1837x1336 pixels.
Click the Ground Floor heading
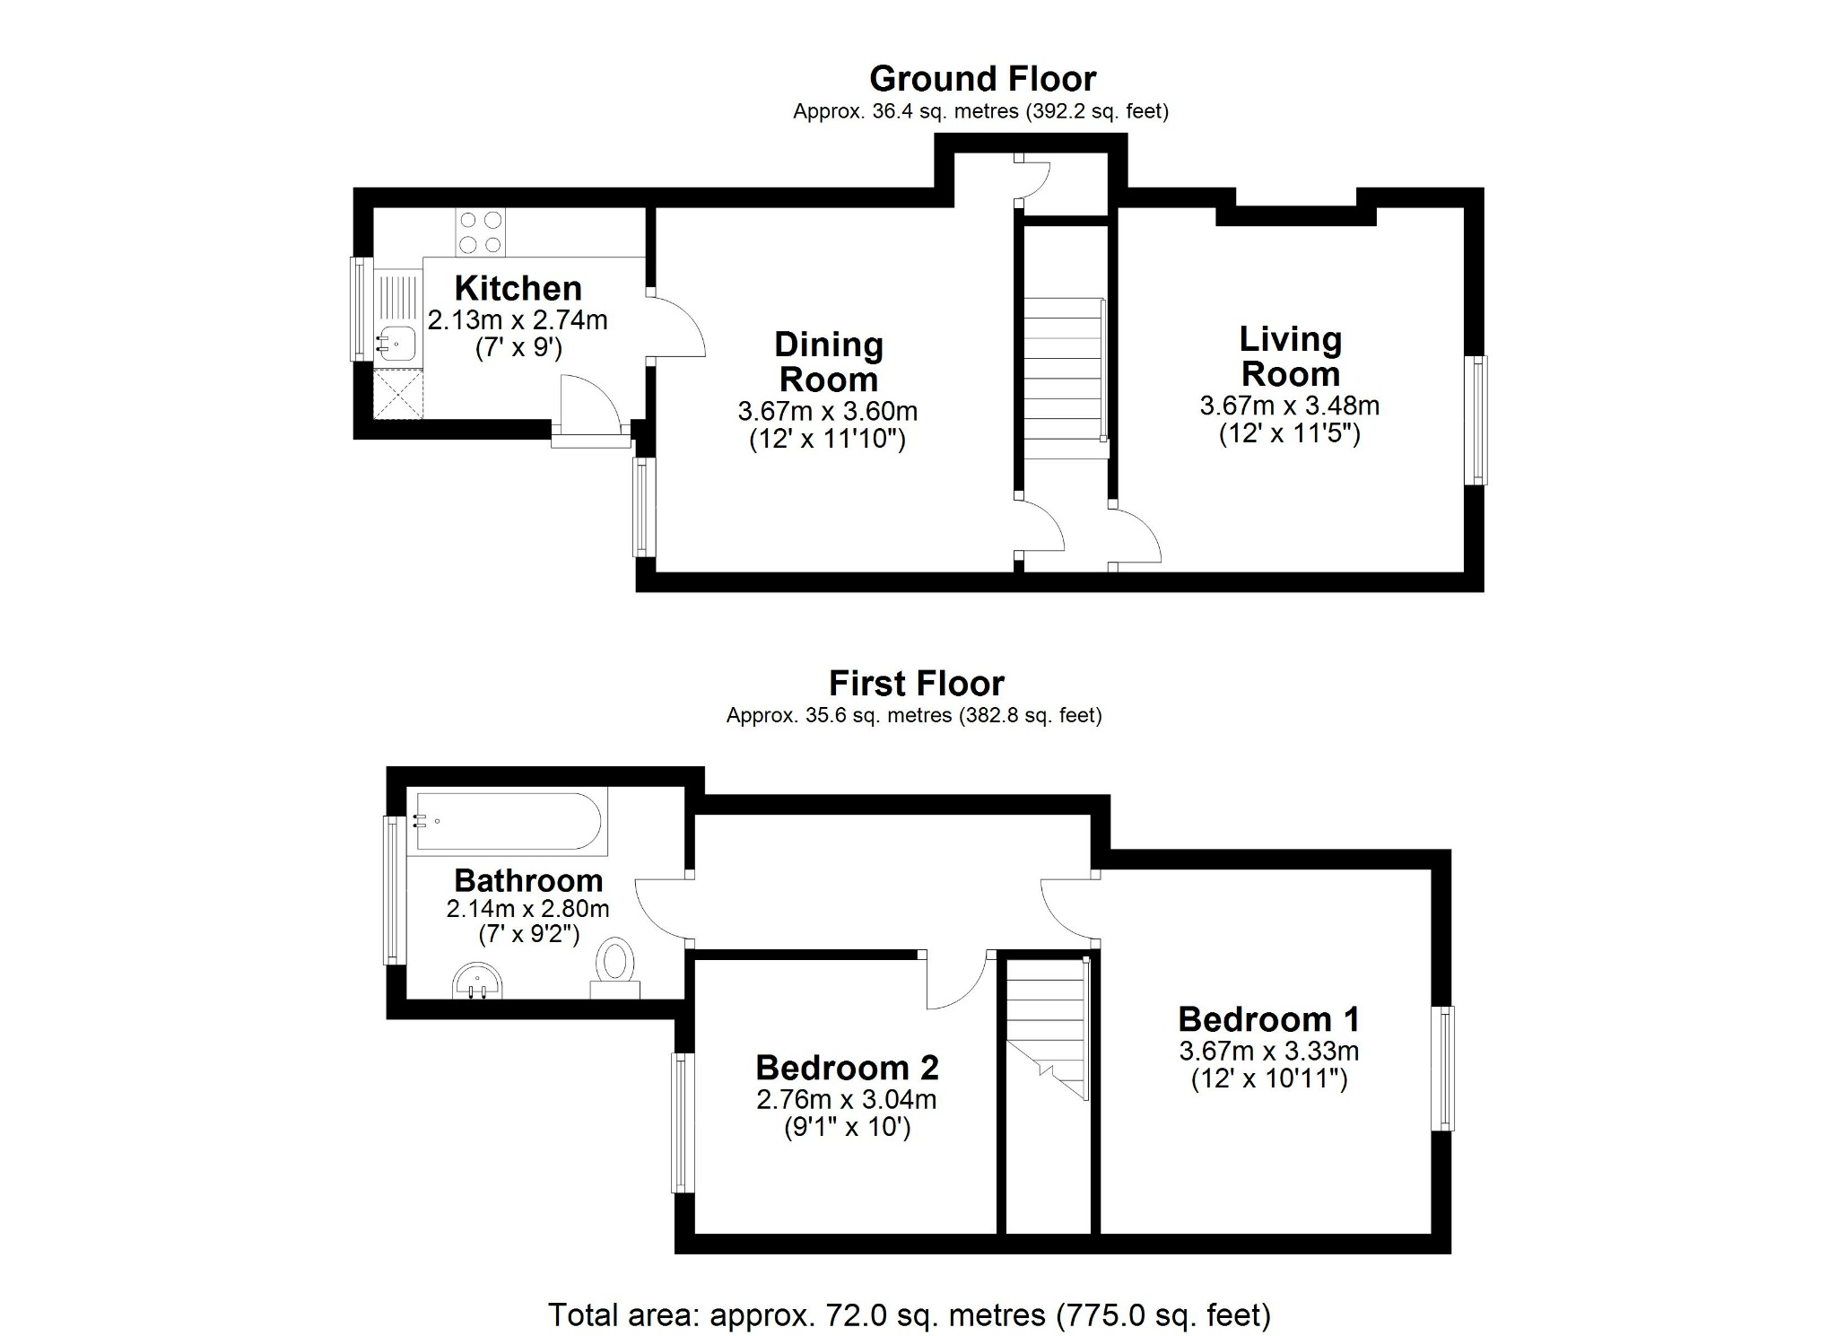pos(982,79)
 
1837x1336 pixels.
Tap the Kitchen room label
pos(518,288)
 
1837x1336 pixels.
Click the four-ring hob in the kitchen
pos(480,231)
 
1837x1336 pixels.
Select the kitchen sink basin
pos(396,342)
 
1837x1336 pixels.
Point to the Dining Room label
pos(828,362)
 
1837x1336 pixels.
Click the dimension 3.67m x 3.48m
pos(1289,406)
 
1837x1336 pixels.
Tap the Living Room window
pos(1476,420)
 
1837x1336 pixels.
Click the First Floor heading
pos(916,684)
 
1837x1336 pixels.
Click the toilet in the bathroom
pos(615,966)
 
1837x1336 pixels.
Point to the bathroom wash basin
pos(478,981)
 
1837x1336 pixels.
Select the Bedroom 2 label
pos(847,1068)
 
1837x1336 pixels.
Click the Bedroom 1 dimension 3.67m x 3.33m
pos(1268,1051)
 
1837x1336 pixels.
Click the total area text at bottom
pos(909,1314)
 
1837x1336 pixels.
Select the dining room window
pos(642,507)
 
